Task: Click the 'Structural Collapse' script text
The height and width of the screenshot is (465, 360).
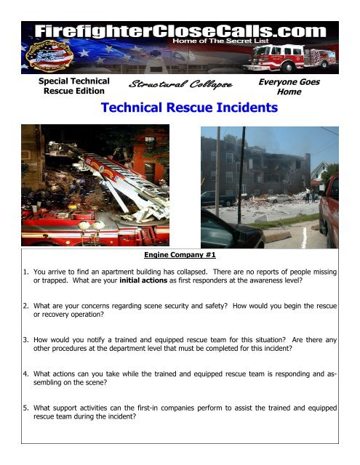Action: (179, 86)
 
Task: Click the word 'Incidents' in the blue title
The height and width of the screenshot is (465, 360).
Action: (243, 109)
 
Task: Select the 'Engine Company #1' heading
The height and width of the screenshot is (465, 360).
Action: (179, 256)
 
